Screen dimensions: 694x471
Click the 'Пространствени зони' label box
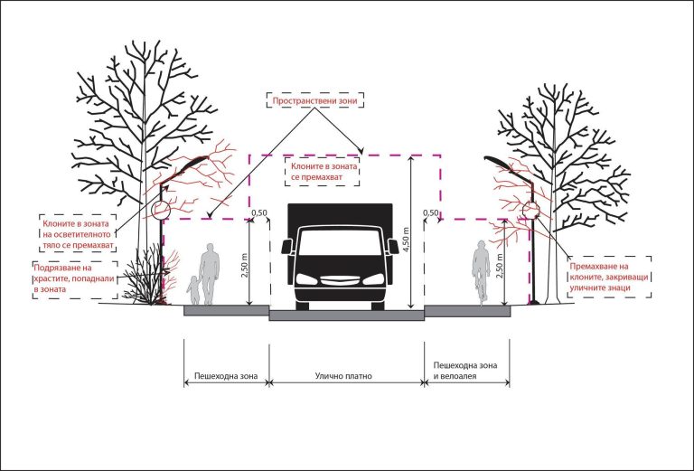pyautogui.click(x=314, y=100)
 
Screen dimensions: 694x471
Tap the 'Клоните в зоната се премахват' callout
pyautogui.click(x=323, y=172)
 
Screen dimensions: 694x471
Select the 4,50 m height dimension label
pyautogui.click(x=406, y=239)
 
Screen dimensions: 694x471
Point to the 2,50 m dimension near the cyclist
pyautogui.click(x=499, y=266)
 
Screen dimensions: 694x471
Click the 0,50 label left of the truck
pyautogui.click(x=259, y=213)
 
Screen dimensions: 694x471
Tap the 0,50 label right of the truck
pyautogui.click(x=431, y=213)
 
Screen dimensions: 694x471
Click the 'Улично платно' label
pyautogui.click(x=343, y=376)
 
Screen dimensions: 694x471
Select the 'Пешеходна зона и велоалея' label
pyautogui.click(x=464, y=371)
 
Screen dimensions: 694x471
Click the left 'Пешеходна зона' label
pyautogui.click(x=226, y=376)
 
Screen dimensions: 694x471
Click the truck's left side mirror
pyautogui.click(x=286, y=247)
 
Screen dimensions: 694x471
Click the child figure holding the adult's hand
pyautogui.click(x=193, y=290)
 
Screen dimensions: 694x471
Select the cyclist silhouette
pyautogui.click(x=481, y=273)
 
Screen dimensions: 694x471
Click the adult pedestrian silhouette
pyautogui.click(x=210, y=274)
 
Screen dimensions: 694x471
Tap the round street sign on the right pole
pyautogui.click(x=530, y=210)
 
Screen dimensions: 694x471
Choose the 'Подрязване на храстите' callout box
pyautogui.click(x=75, y=279)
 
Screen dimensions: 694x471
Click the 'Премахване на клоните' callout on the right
pyautogui.click(x=608, y=278)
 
